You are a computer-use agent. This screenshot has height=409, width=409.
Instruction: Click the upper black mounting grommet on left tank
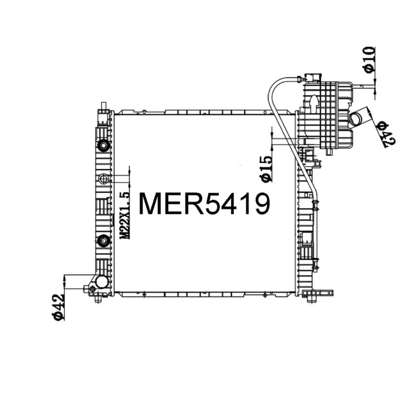point(104,146)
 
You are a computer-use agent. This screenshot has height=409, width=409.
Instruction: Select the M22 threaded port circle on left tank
point(104,178)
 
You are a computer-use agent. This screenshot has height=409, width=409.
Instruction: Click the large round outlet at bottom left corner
point(102,282)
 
